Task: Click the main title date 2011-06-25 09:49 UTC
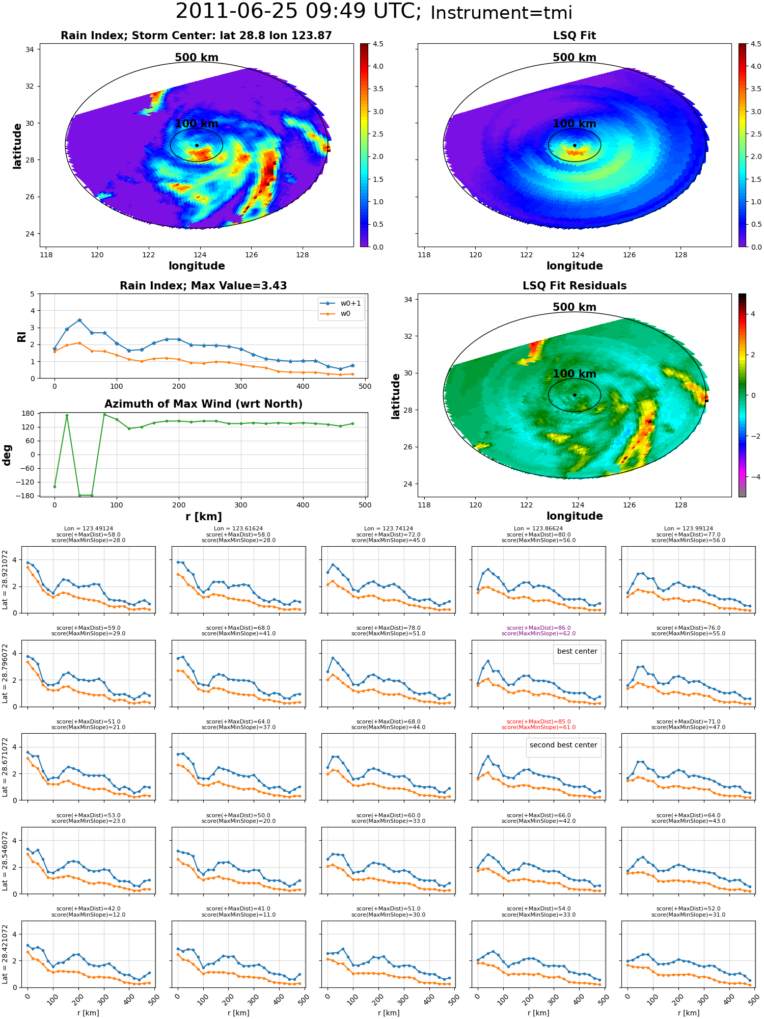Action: tap(298, 12)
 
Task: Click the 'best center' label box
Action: tap(577, 652)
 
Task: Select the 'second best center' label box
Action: tap(563, 745)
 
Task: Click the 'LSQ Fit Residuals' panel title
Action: tap(575, 286)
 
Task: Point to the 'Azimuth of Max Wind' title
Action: tap(203, 404)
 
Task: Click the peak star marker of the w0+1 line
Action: tap(79, 320)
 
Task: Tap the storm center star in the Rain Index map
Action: tap(197, 145)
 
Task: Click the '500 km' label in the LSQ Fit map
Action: tap(575, 58)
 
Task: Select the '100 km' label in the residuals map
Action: tap(575, 374)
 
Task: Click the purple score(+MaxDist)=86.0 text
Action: tap(538, 628)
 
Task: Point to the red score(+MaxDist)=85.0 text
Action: tap(538, 722)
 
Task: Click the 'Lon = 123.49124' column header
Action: tap(89, 529)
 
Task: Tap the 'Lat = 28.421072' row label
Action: tap(5, 954)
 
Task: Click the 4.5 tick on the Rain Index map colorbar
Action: tap(378, 44)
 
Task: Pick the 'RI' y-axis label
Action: tap(22, 337)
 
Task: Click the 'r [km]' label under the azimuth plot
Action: tap(203, 517)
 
